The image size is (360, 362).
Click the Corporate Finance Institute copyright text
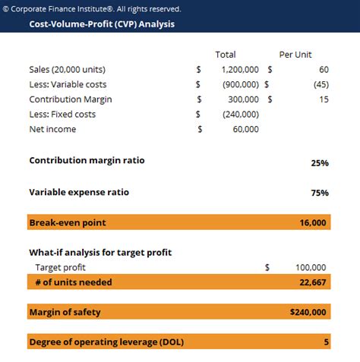[x=93, y=9]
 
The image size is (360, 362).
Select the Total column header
[x=226, y=55]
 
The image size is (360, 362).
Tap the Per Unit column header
[x=297, y=55]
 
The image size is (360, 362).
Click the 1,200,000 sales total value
[x=241, y=69]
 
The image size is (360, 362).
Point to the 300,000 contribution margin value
[x=245, y=99]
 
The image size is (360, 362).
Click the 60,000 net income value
[x=247, y=129]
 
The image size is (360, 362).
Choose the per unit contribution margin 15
[x=324, y=99]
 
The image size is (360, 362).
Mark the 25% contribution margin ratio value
[x=319, y=162]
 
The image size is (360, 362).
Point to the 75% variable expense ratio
[x=319, y=193]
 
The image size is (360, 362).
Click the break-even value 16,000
[x=313, y=222]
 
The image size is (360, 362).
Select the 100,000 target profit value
[x=311, y=267]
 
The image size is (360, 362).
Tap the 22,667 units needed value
[x=313, y=282]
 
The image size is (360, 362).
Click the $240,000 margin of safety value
[x=308, y=312]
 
